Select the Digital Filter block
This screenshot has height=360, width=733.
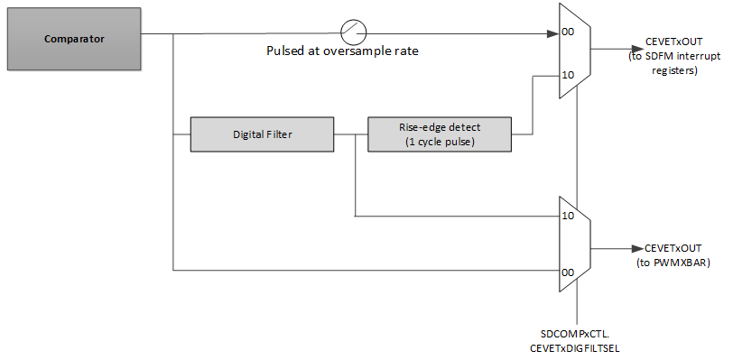click(261, 134)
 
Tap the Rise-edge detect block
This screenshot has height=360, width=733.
click(440, 134)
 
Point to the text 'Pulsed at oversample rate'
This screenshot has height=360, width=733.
click(342, 51)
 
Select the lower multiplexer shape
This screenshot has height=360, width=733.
click(575, 244)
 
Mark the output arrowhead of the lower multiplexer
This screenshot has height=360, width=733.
click(636, 248)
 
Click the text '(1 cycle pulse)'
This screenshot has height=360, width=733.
click(440, 143)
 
